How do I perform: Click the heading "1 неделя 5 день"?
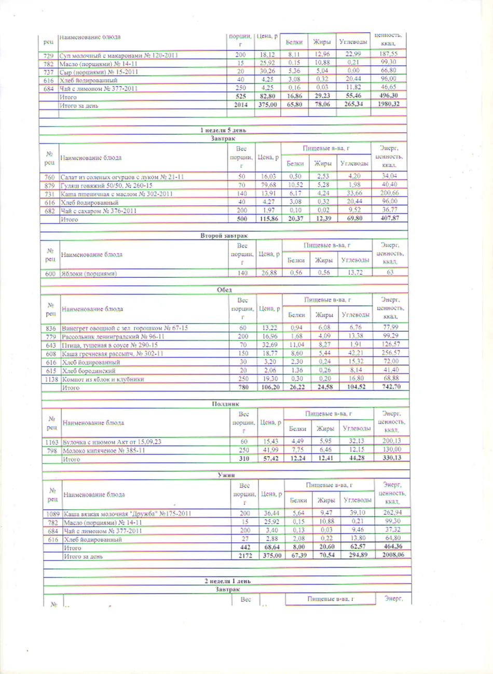point(224,130)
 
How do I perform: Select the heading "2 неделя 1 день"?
point(227,581)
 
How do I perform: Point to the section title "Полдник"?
point(225,403)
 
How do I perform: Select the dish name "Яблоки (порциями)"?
point(89,273)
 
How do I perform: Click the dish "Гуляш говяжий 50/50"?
point(106,185)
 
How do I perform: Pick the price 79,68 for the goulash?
point(268,185)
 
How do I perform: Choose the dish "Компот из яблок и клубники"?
point(103,379)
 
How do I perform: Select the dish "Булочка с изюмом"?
point(112,442)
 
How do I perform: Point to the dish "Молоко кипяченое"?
point(104,451)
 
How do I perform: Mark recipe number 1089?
point(52,514)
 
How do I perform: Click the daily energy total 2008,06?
point(392,555)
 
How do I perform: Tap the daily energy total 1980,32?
point(388,104)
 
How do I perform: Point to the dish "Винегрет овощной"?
point(125,328)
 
